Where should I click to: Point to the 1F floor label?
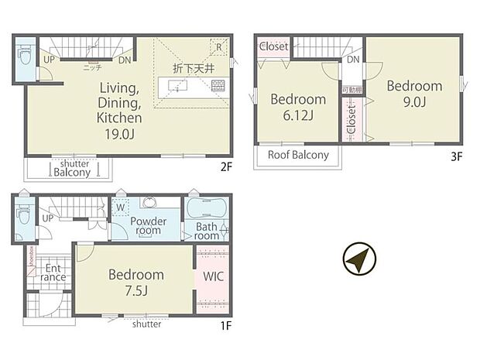pyautogui.click(x=225, y=326)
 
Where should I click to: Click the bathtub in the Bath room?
pyautogui.click(x=205, y=210)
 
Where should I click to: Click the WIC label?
pyautogui.click(x=212, y=276)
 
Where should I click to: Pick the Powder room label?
pyautogui.click(x=148, y=225)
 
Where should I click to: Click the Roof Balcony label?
pyautogui.click(x=298, y=155)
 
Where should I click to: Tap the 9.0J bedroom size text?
pyautogui.click(x=415, y=103)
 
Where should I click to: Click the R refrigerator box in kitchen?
pyautogui.click(x=220, y=46)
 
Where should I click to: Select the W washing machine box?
pyautogui.click(x=120, y=207)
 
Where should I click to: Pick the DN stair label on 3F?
pyautogui.click(x=352, y=60)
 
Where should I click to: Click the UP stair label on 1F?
pyautogui.click(x=48, y=218)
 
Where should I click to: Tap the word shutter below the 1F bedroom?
pyautogui.click(x=146, y=324)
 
